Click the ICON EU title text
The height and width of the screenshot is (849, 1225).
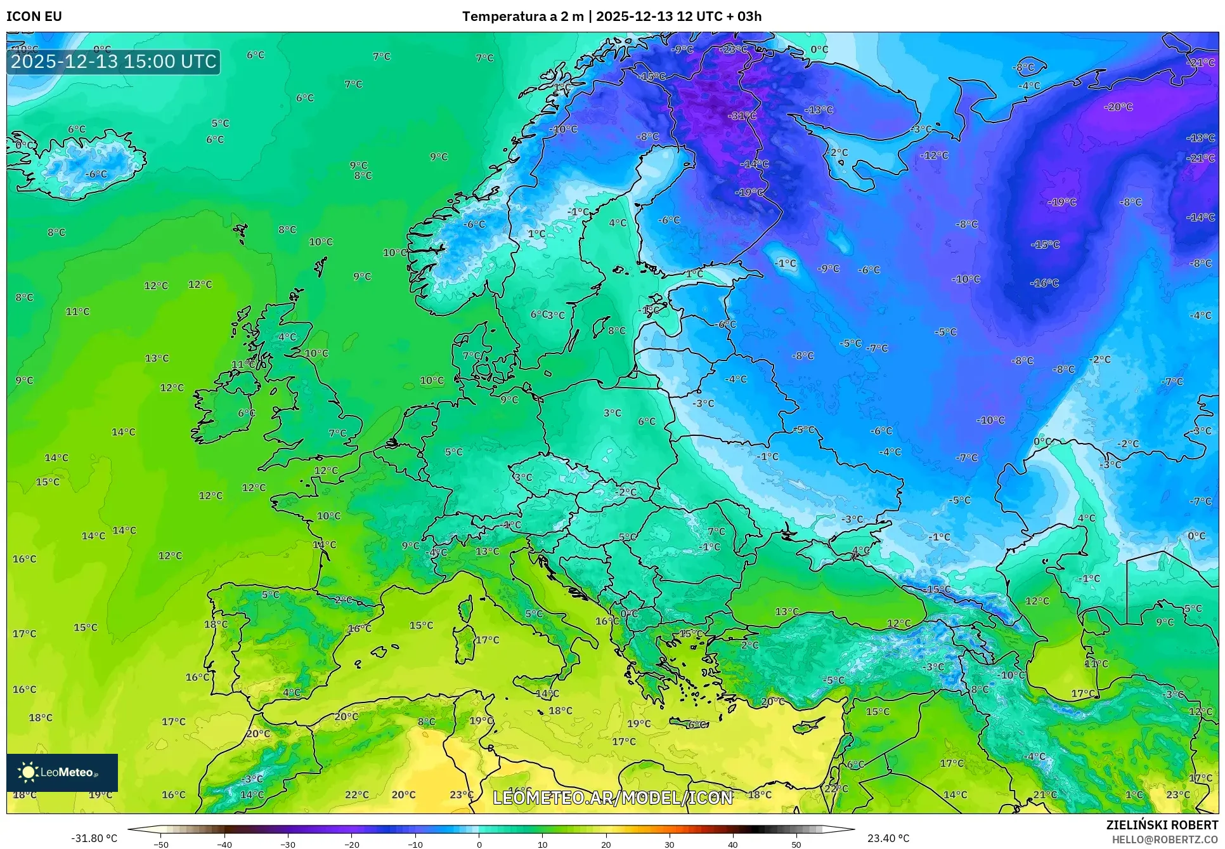tap(34, 16)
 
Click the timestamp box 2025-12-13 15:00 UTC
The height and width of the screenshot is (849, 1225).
tap(113, 62)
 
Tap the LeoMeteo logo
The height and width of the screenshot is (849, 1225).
tap(62, 772)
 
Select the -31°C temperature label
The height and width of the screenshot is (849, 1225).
tap(742, 116)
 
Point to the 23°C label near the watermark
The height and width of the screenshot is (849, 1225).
tap(462, 794)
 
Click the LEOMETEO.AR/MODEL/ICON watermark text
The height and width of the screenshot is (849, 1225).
tap(612, 798)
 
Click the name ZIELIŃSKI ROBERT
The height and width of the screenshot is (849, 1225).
tap(1162, 825)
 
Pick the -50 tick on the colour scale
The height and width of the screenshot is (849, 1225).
tap(161, 845)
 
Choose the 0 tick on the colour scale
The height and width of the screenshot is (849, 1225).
tap(479, 845)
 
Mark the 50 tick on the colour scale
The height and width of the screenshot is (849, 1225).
tap(796, 845)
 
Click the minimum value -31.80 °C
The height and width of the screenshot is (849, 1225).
tap(94, 838)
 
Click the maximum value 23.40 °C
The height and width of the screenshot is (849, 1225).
tap(888, 838)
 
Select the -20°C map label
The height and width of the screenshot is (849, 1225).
tap(1118, 107)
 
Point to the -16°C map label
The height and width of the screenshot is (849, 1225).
tap(1044, 283)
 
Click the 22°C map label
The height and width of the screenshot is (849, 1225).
tap(356, 794)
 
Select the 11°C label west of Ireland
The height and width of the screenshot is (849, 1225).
tap(77, 312)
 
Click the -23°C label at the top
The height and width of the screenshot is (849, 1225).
tap(733, 49)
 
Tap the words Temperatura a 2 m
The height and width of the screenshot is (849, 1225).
tap(522, 16)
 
